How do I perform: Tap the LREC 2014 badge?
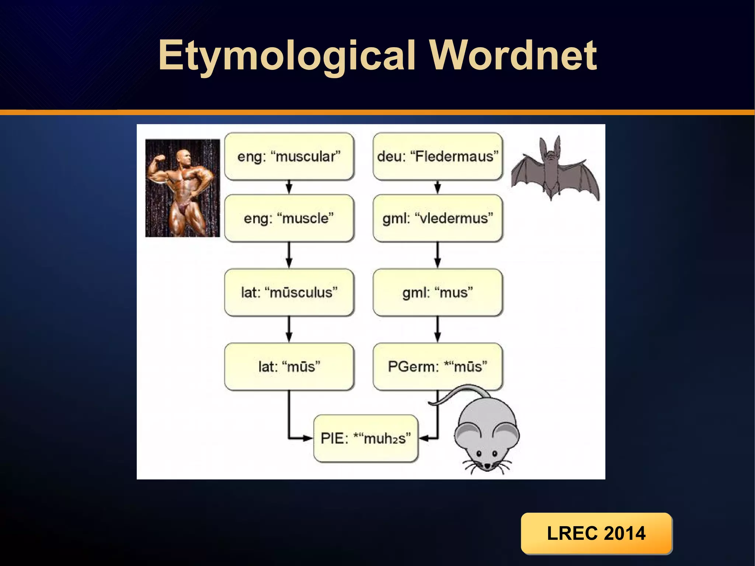[x=596, y=533]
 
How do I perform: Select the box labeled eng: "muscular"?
[x=289, y=156]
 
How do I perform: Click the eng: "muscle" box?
[x=289, y=218]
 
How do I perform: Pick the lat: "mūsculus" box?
[x=289, y=292]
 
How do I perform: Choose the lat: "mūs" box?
[x=289, y=367]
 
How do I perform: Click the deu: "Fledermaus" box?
[x=438, y=156]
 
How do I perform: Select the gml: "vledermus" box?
[x=438, y=218]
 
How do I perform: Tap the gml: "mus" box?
[x=438, y=292]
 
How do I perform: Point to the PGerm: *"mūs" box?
[x=438, y=367]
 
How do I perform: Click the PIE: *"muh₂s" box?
[x=366, y=438]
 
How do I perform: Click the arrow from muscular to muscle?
[x=289, y=187]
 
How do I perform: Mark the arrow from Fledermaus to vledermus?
[x=438, y=187]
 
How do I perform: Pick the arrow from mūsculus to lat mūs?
[x=289, y=329]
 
